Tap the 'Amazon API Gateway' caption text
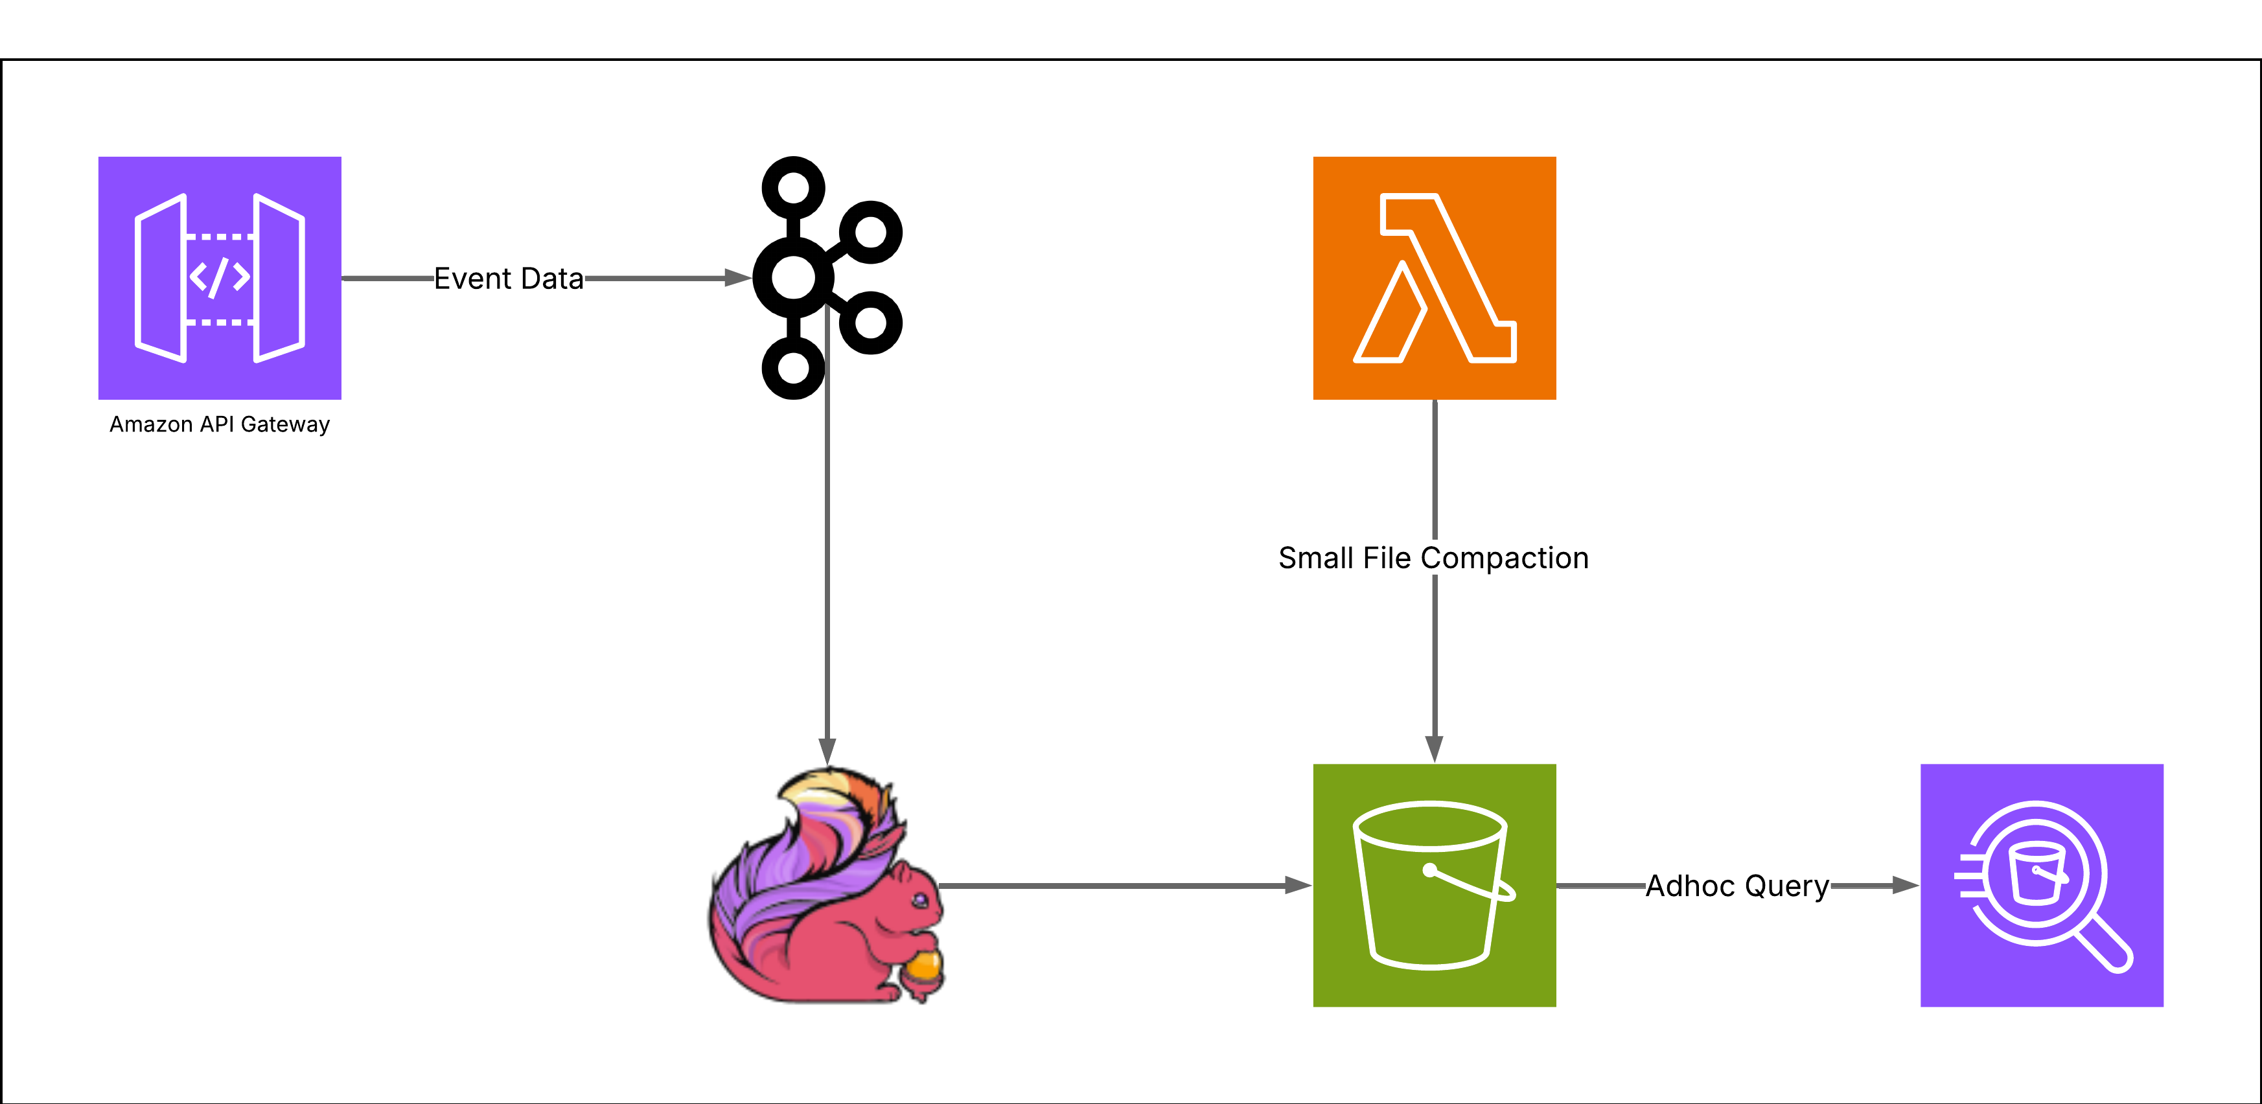coord(220,424)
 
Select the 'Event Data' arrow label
coord(509,279)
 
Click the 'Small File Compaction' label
coord(1433,558)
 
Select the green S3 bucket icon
coord(1434,884)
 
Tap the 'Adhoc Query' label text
coord(1737,885)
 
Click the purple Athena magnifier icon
coord(2042,884)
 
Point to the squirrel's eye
coord(919,899)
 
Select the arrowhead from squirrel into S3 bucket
coord(1298,885)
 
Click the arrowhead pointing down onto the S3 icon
coord(1434,749)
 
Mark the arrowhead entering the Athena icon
coord(1906,885)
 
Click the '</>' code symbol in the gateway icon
coord(220,277)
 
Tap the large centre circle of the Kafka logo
coord(794,277)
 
